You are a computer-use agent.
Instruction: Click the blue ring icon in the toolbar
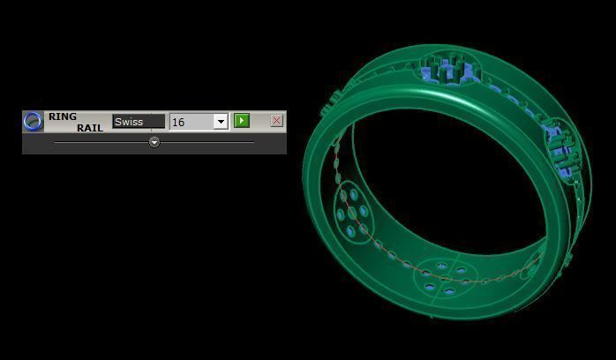pos(33,122)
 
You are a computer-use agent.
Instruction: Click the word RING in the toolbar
pos(63,116)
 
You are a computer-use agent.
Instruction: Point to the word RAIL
pos(89,128)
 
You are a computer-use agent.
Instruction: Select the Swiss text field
pos(139,122)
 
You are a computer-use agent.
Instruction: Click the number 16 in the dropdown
pos(179,122)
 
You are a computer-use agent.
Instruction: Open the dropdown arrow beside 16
pos(221,122)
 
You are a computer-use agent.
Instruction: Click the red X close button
pos(276,121)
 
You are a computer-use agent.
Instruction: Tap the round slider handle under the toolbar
pos(154,141)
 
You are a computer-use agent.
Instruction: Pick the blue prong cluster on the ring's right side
pos(558,146)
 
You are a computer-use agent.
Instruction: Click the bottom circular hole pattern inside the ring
pos(439,278)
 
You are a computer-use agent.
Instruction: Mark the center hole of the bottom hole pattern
pos(439,279)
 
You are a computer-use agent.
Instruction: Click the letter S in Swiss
pos(118,122)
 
